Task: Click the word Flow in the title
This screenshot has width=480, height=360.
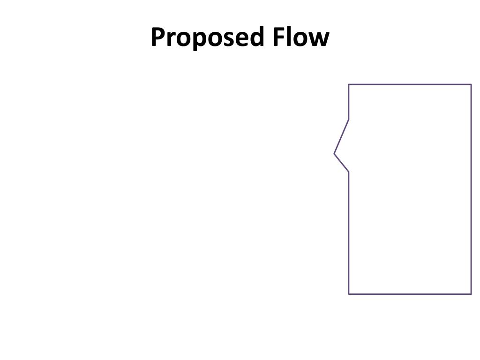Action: tap(300, 37)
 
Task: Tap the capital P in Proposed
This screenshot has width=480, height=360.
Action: tap(158, 37)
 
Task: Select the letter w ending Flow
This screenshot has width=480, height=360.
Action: tap(319, 39)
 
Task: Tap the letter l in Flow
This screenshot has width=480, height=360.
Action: tap(290, 37)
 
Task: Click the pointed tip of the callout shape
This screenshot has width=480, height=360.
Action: tap(334, 153)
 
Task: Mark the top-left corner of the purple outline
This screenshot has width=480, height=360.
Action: tap(349, 85)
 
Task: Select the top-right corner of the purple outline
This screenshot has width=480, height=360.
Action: tap(471, 85)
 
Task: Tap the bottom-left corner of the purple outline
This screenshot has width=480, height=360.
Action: tap(349, 294)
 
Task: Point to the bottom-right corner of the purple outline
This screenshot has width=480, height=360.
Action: tap(471, 294)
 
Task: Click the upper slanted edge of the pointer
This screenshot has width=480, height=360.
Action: tap(342, 136)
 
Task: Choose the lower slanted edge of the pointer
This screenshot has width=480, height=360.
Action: tap(342, 163)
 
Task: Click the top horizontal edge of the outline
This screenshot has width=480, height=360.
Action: tap(410, 85)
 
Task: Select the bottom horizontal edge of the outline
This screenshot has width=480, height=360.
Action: tap(410, 294)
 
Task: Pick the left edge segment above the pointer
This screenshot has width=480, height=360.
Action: tap(349, 102)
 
